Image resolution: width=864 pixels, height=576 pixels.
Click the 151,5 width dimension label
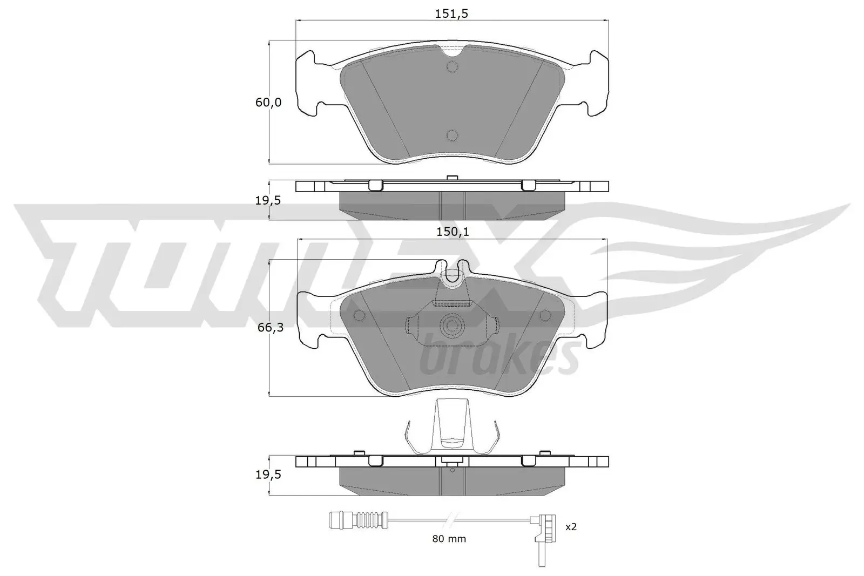click(452, 14)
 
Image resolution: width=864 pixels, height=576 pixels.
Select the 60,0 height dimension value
click(268, 102)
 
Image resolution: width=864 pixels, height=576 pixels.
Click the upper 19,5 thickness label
click(268, 200)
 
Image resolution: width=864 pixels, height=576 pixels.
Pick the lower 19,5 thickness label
click(268, 475)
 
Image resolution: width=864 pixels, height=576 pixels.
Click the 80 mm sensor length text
click(449, 539)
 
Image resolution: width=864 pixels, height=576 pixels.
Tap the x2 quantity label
click(571, 526)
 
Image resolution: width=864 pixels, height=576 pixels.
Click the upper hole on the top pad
click(452, 66)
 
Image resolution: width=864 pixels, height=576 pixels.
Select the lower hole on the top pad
click(452, 135)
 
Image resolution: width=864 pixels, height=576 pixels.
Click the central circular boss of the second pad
click(451, 326)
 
